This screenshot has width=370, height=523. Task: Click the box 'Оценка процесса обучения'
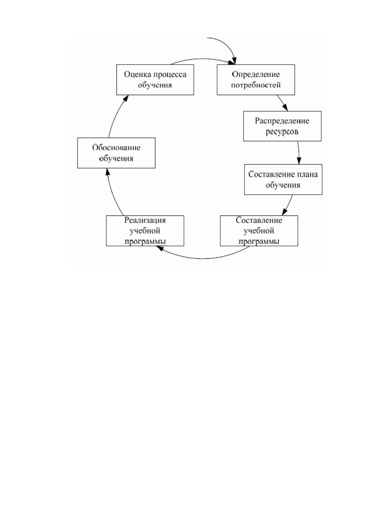(155, 80)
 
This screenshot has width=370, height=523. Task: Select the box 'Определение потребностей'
(256, 80)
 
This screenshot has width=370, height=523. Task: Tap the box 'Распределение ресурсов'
(282, 126)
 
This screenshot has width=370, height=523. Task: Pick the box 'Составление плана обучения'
(283, 180)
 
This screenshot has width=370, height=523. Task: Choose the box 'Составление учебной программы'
(259, 231)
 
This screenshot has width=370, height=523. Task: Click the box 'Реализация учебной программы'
(145, 231)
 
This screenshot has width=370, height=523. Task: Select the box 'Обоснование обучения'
(116, 153)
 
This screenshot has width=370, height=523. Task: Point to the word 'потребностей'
(256, 85)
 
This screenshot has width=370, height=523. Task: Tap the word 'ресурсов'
(282, 132)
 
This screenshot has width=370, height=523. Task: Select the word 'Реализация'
(145, 220)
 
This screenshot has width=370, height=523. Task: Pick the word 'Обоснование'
(116, 148)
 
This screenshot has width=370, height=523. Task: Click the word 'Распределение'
(282, 121)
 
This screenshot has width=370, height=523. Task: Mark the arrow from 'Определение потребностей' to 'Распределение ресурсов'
(282, 103)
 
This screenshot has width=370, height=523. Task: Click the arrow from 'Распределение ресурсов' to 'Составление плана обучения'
(299, 153)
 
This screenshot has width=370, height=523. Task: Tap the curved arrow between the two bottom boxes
(203, 258)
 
